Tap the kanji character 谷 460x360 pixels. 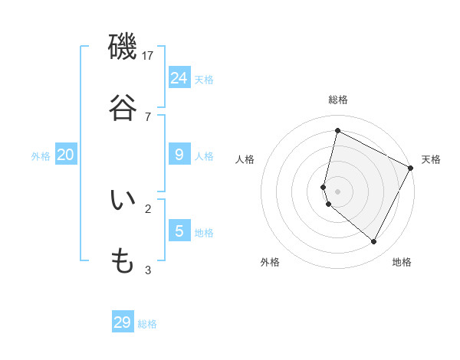[123, 107]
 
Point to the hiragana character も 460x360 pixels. [123, 261]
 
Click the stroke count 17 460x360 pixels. [148, 55]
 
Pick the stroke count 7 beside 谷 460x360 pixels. [148, 116]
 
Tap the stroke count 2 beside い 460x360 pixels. [148, 208]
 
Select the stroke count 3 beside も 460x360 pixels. [148, 270]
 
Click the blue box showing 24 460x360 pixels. [179, 77]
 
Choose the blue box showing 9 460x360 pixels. [179, 155]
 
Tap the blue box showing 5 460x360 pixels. [179, 231]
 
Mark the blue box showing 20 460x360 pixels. [65, 155]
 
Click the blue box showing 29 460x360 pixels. [123, 322]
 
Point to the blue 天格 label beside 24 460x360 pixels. [204, 80]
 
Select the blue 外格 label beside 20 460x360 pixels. [41, 156]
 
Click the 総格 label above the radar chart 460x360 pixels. [338, 100]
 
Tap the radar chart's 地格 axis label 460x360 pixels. [402, 262]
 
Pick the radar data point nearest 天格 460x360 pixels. [411, 168]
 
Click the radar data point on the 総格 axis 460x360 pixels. [337, 131]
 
